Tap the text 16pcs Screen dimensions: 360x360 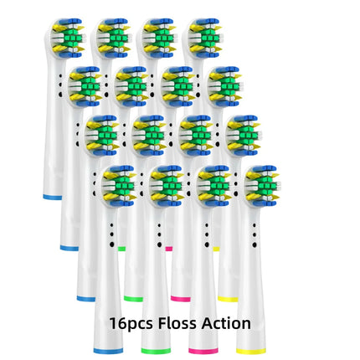click(x=131, y=324)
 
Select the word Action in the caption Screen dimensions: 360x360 click(x=226, y=323)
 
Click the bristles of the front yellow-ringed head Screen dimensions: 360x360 click(x=262, y=186)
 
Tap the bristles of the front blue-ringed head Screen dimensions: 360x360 click(x=120, y=186)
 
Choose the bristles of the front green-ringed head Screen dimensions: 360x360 click(x=167, y=186)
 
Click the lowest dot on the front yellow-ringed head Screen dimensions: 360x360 click(x=255, y=244)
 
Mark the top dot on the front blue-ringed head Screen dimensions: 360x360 click(x=111, y=225)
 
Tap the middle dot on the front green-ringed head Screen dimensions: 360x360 click(x=159, y=234)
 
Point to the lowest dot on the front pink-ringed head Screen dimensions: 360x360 click(x=207, y=244)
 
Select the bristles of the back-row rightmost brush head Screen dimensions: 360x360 click(x=205, y=38)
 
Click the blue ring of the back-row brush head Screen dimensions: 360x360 click(x=52, y=198)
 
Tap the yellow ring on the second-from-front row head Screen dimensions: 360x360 click(x=228, y=299)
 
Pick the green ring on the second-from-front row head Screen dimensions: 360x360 click(x=133, y=299)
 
